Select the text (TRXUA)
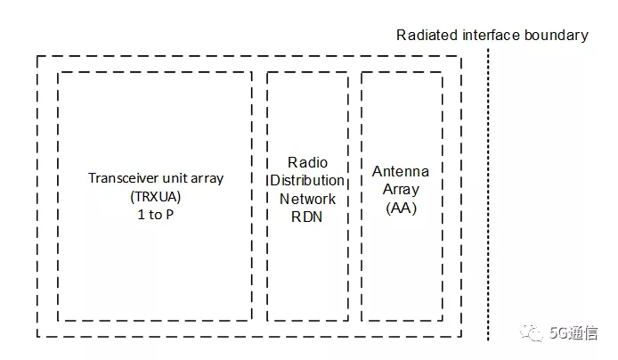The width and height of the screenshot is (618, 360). (155, 196)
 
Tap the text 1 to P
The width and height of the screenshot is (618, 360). (156, 215)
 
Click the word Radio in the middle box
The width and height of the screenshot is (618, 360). (307, 162)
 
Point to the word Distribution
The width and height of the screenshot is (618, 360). (307, 180)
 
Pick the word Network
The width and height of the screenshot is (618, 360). (307, 198)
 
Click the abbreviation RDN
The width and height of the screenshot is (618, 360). (307, 216)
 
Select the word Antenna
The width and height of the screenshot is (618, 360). (401, 171)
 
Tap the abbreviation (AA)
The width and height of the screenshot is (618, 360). (401, 208)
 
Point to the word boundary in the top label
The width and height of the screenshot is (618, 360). (558, 36)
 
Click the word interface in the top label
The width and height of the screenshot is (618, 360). (492, 36)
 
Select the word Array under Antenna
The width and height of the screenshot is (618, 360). (401, 190)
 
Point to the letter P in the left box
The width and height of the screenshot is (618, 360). (168, 215)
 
